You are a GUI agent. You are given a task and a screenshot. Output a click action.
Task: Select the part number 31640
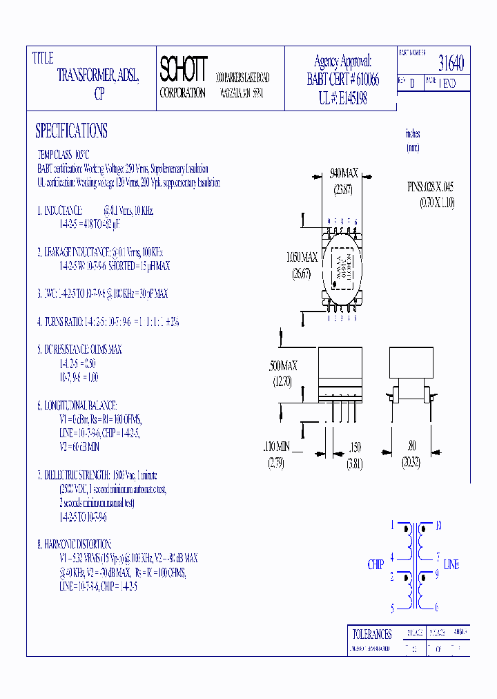pyautogui.click(x=451, y=64)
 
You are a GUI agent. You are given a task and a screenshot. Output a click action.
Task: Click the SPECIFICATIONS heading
pyautogui.click(x=71, y=131)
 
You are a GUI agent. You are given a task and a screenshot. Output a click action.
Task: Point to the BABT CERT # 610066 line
pyautogui.click(x=342, y=79)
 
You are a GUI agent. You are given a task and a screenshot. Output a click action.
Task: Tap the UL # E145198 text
pyautogui.click(x=342, y=99)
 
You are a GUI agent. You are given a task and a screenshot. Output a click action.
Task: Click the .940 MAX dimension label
pyautogui.click(x=344, y=173)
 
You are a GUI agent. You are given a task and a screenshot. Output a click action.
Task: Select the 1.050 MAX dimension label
pyautogui.click(x=302, y=258)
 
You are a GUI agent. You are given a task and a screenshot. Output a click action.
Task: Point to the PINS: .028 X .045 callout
pyautogui.click(x=430, y=187)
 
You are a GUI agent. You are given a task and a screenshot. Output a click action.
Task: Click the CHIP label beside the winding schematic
pyautogui.click(x=376, y=565)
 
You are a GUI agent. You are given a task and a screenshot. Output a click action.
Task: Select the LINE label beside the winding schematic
pyautogui.click(x=451, y=565)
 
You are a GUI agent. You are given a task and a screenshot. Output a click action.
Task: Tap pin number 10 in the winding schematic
pyautogui.click(x=438, y=525)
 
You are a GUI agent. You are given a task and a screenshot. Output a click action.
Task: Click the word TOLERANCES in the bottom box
pyautogui.click(x=371, y=634)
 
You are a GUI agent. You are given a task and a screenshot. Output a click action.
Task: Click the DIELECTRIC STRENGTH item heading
pyautogui.click(x=76, y=475)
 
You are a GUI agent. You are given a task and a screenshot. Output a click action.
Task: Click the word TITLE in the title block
pyautogui.click(x=43, y=59)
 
